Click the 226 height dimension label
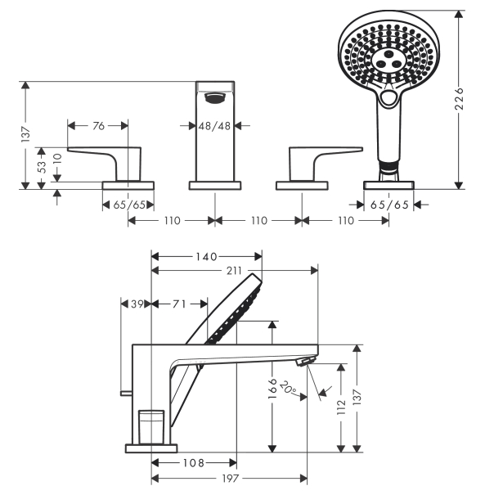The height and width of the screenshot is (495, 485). point(460,99)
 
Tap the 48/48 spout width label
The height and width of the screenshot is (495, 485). point(214,126)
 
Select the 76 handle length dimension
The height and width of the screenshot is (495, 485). point(98,126)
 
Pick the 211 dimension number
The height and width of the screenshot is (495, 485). point(234,271)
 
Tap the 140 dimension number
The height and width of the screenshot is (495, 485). point(206,257)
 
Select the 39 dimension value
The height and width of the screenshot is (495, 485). point(137,304)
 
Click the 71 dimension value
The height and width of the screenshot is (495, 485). point(179,304)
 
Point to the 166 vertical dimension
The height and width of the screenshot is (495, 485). point(272,389)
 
